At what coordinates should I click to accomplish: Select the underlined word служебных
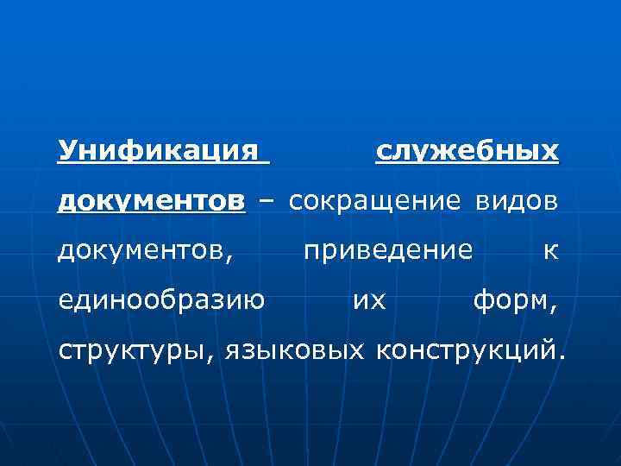pyautogui.click(x=467, y=152)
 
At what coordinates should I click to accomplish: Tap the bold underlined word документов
pyautogui.click(x=151, y=201)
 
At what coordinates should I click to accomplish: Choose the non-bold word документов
pyautogui.click(x=142, y=250)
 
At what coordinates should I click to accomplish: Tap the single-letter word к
pyautogui.click(x=551, y=251)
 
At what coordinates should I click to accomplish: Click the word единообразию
pyautogui.click(x=160, y=300)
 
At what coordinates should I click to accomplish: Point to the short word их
pyautogui.click(x=369, y=300)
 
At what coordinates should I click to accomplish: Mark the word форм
pyautogui.click(x=511, y=300)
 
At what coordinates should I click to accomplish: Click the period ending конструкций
pyautogui.click(x=564, y=356)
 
